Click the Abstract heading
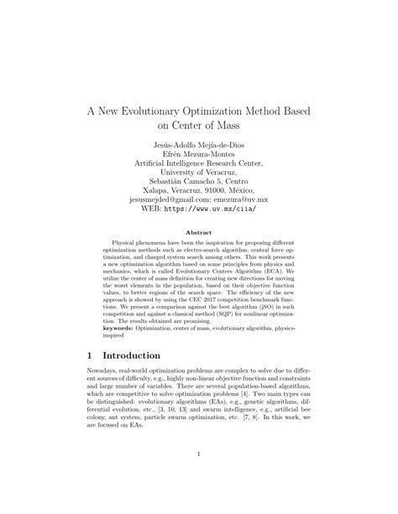click(198, 232)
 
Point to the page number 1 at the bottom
click(199, 479)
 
